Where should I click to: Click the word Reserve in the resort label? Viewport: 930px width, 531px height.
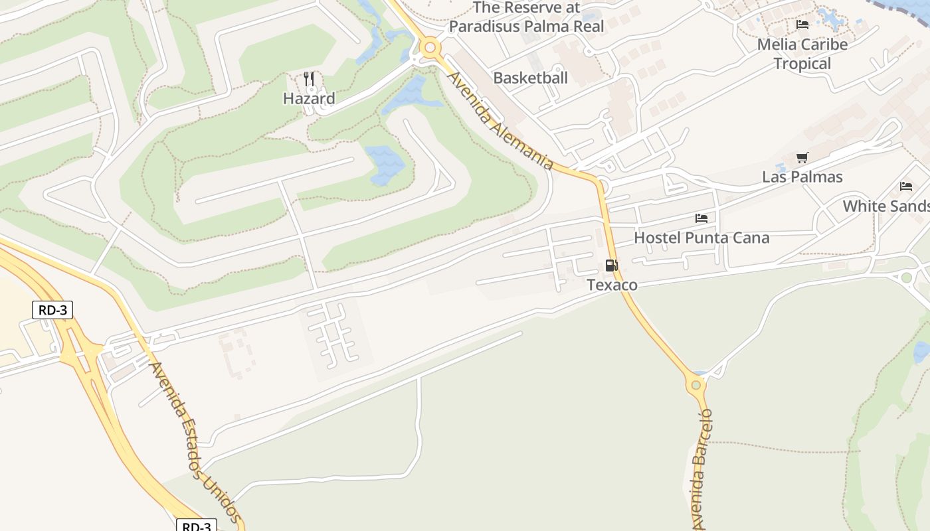(x=533, y=8)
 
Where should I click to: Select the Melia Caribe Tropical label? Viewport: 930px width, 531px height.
(x=802, y=54)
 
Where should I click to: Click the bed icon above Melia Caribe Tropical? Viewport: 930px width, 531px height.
(x=802, y=25)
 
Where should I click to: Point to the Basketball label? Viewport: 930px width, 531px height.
(x=530, y=78)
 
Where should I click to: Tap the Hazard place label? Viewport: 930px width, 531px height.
(x=309, y=99)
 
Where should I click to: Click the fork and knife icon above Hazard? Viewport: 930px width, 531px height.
(x=309, y=80)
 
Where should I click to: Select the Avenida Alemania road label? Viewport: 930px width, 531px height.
(x=500, y=121)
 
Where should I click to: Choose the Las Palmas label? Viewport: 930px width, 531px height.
(x=802, y=177)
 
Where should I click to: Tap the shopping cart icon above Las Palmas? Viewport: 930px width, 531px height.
(x=802, y=158)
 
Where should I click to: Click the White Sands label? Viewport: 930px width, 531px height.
(x=886, y=206)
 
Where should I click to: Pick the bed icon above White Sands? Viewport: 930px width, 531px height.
(x=906, y=187)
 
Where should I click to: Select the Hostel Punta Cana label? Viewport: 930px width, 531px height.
(x=701, y=238)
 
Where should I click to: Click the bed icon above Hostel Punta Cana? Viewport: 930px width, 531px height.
(x=701, y=218)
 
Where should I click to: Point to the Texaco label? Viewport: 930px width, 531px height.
(x=612, y=285)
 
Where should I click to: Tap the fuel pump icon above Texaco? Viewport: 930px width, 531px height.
(x=611, y=266)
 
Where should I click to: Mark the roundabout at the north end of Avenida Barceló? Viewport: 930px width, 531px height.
(x=696, y=384)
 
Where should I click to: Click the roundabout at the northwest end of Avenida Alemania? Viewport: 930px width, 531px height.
(x=430, y=47)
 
